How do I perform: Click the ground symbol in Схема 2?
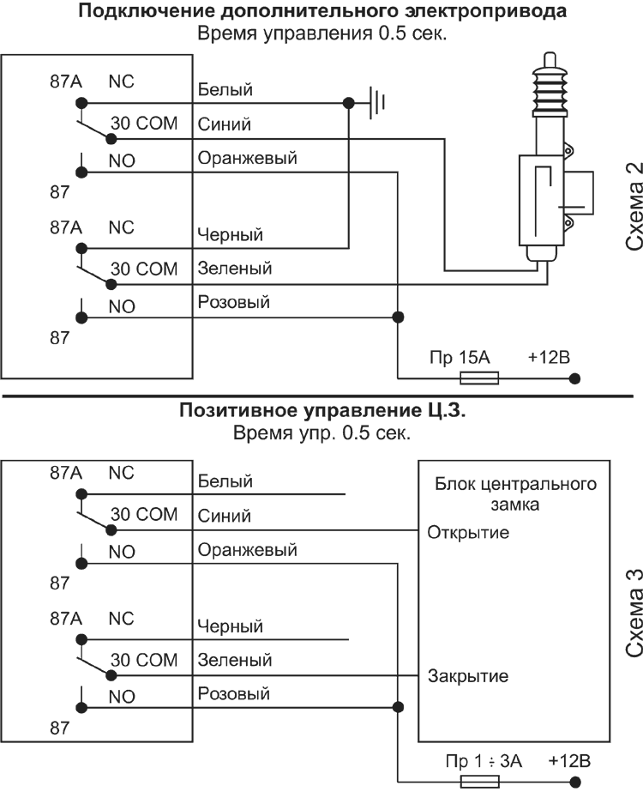click(377, 103)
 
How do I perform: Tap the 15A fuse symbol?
click(479, 378)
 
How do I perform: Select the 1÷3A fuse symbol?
click(480, 782)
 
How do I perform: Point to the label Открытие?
click(468, 532)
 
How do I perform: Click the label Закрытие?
click(468, 676)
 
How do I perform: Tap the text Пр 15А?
click(460, 358)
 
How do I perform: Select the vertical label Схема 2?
click(634, 206)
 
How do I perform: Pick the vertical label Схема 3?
click(634, 612)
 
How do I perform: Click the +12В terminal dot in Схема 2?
click(574, 378)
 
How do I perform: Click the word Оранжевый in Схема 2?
click(247, 158)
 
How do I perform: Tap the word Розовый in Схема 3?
click(234, 693)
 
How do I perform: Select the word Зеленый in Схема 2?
click(235, 269)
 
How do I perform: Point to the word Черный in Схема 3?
click(230, 626)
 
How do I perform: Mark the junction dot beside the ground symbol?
click(348, 104)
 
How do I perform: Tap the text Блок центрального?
click(516, 484)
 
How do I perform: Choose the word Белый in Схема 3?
click(225, 481)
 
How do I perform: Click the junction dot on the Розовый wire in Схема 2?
click(398, 317)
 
